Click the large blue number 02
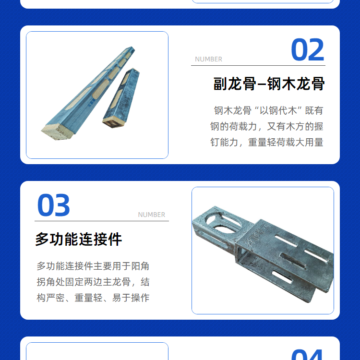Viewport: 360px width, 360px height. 307,49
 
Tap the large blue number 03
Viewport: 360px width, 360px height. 53,205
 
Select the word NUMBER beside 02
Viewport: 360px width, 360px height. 208,59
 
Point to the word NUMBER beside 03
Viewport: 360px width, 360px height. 152,215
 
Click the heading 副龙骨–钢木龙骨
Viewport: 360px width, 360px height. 269,84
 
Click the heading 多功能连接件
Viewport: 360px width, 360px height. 79,239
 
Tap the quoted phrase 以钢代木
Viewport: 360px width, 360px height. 278,111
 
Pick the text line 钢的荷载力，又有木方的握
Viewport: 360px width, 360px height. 267,127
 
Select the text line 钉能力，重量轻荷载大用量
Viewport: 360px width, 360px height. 267,143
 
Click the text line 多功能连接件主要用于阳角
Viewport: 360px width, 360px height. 93,266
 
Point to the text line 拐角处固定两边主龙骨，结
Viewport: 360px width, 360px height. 93,282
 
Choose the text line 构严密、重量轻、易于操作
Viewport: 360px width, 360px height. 93,298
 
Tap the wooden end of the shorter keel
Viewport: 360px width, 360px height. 113,122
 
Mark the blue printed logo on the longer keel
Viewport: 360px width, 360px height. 91,104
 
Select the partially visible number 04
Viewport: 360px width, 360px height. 307,355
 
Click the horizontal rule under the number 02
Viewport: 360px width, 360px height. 258,65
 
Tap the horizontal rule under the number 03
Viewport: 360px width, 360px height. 102,221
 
